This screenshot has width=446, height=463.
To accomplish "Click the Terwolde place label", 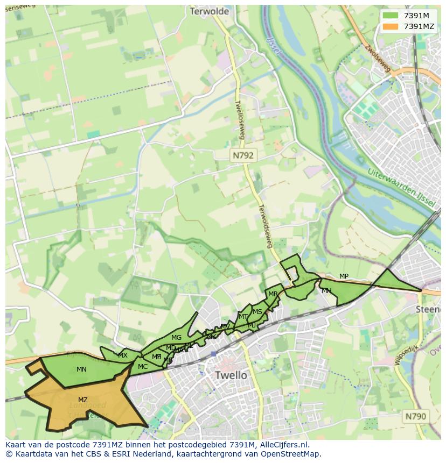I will (x=210, y=11).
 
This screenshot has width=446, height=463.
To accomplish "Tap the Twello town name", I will (x=231, y=375).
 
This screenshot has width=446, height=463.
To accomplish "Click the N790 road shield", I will (x=415, y=416).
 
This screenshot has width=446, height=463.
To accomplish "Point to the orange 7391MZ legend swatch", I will (x=391, y=26).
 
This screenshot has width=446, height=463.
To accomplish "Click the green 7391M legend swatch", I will (x=391, y=16).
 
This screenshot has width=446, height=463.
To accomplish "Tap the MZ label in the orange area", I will (x=82, y=400).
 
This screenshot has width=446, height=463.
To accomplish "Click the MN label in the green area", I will (x=81, y=369).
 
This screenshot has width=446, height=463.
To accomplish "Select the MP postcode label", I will (x=344, y=276).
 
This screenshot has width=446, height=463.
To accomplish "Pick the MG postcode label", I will (x=176, y=338).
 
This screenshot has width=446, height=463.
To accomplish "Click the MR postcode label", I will (x=273, y=294).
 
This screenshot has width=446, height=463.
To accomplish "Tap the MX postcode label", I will (x=123, y=355).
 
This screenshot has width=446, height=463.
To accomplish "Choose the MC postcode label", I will (x=143, y=367).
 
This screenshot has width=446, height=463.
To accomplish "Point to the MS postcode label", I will (x=257, y=312).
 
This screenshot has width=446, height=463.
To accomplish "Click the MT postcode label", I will (x=243, y=317).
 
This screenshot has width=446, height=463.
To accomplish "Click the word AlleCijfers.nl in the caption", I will (x=290, y=445).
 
